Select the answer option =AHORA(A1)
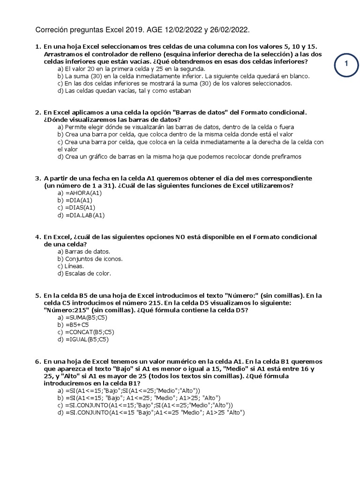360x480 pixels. coord(79,193)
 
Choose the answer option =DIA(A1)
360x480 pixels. coord(75,201)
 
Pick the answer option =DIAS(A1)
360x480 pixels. coord(76,208)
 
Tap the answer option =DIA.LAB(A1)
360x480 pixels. coord(81,215)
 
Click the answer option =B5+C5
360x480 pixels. coord(74,325)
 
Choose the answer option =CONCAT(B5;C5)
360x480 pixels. coord(85,332)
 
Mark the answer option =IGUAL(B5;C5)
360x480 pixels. coord(83,339)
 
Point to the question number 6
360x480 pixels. coord(37,362)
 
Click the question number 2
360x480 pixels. coord(37,112)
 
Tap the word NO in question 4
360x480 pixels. coord(180,237)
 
